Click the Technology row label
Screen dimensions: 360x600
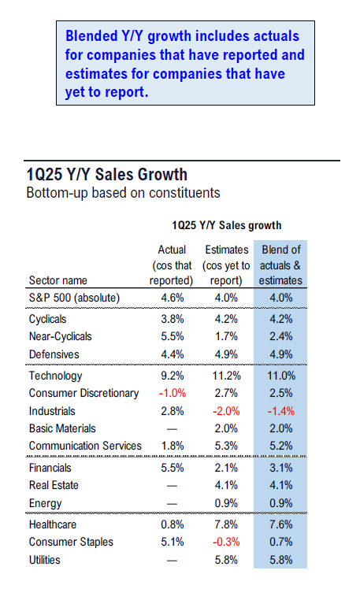click(x=55, y=376)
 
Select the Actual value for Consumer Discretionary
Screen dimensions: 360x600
click(x=173, y=393)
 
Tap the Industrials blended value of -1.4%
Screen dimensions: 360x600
click(x=280, y=411)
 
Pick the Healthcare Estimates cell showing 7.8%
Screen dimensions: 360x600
click(x=226, y=524)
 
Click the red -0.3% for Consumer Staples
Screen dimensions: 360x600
click(x=226, y=542)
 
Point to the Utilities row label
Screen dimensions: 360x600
click(x=44, y=560)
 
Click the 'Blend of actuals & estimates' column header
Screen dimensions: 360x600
click(x=280, y=265)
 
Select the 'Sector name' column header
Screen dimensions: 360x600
click(x=58, y=280)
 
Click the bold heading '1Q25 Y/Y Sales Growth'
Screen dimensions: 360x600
click(x=107, y=175)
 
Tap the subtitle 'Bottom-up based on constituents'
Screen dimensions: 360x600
click(x=123, y=192)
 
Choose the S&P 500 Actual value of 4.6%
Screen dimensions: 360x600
click(x=173, y=298)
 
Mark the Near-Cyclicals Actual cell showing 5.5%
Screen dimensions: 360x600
click(x=173, y=336)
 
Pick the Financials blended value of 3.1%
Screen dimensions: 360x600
click(x=280, y=468)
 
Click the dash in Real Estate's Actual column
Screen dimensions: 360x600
click(x=172, y=486)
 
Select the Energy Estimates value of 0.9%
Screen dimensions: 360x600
click(x=226, y=503)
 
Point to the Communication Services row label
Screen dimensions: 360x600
click(x=85, y=446)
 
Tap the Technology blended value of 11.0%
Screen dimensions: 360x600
click(x=281, y=376)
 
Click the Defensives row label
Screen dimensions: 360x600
click(x=54, y=354)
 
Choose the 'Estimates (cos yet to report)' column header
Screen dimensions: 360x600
click(x=226, y=265)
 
